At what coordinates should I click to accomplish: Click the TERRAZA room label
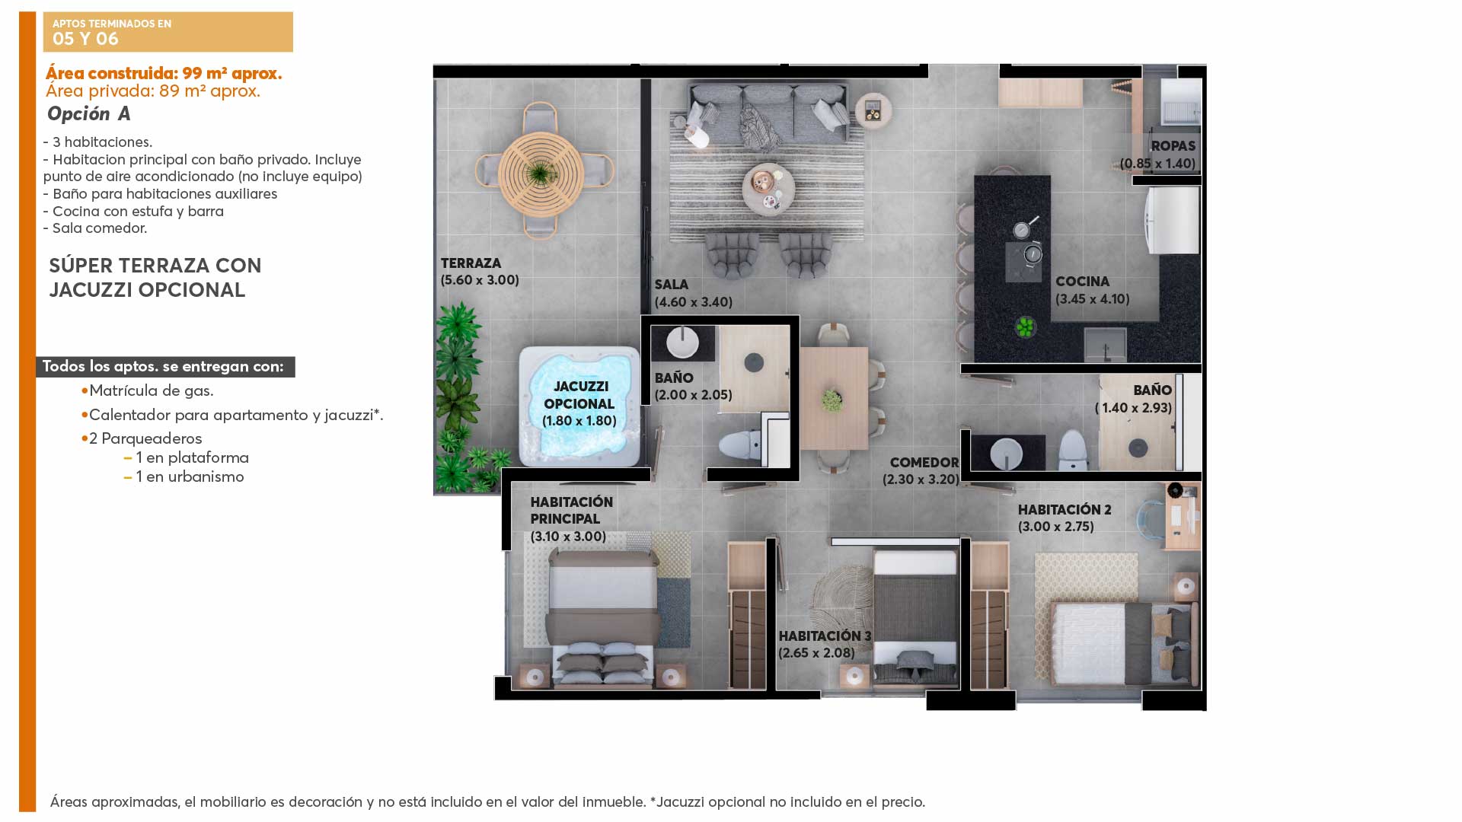tap(471, 263)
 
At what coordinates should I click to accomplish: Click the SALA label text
tap(671, 285)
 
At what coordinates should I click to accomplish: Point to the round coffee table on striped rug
tap(768, 189)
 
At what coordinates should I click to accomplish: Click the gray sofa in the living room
tap(768, 113)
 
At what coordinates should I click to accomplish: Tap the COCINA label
tap(1082, 282)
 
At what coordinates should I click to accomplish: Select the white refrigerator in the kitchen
tap(1173, 220)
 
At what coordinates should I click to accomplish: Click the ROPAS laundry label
tap(1173, 146)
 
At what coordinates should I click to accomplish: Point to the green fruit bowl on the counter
tap(1025, 327)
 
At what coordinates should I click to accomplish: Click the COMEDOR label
tap(924, 463)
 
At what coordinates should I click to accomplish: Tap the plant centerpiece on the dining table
tap(832, 400)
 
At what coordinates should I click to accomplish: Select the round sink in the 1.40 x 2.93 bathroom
tap(1007, 454)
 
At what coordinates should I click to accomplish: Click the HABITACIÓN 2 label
tap(1065, 510)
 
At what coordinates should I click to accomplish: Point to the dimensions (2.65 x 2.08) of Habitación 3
tap(816, 653)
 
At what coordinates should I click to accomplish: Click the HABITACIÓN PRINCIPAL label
tap(571, 511)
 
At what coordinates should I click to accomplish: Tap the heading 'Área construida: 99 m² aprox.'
tap(164, 73)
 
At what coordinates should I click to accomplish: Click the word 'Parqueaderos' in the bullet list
tap(152, 438)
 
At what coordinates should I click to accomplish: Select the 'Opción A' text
tap(89, 114)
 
